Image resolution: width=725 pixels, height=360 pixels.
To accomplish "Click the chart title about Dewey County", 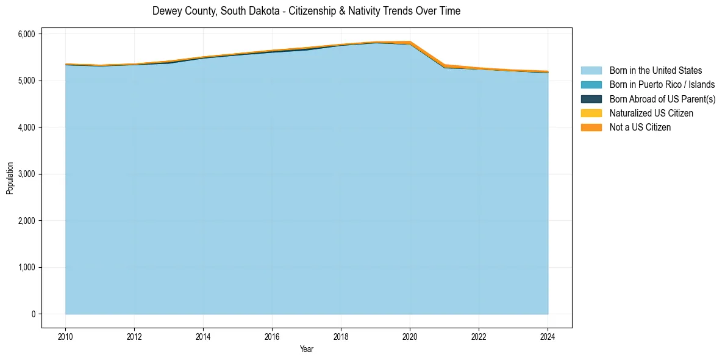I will tap(306, 11).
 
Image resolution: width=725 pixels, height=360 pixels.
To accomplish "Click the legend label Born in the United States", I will tap(655, 71).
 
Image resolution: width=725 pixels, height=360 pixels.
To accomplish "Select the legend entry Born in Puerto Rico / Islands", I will tap(662, 85).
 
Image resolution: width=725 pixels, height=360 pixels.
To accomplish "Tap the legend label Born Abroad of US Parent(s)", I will tap(662, 99).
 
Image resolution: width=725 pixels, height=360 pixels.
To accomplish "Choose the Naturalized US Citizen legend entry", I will tap(651, 113).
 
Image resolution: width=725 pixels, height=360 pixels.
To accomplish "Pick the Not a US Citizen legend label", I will tap(640, 128).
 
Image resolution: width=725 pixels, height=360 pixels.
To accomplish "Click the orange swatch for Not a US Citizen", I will tap(591, 128).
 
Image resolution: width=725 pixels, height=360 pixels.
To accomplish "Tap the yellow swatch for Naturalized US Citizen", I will tap(591, 113).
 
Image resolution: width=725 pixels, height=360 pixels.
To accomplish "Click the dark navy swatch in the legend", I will tap(591, 99).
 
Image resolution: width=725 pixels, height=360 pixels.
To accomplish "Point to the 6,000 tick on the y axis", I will tap(27, 34).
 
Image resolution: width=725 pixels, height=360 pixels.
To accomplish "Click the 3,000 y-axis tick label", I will tap(27, 174).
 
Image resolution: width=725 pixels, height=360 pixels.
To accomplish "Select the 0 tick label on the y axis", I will tap(33, 314).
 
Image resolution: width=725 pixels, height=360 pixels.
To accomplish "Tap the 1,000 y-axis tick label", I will tap(27, 267).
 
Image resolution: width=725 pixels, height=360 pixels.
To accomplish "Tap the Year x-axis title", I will tap(307, 349).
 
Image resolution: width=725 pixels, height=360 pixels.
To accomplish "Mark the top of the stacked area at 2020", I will tap(410, 41).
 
